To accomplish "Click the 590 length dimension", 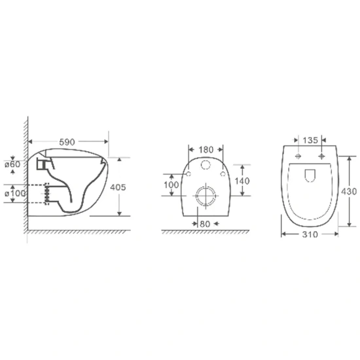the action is coord(67,142).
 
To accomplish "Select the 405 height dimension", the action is coord(118,187).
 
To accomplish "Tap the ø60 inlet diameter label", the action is coord(12,164).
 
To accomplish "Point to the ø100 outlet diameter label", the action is coord(15,193).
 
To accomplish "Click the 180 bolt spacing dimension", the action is coord(206,150).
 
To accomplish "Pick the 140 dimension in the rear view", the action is coord(242,181).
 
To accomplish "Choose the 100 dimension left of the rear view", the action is coord(171,185).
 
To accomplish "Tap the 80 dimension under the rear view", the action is coord(205,224).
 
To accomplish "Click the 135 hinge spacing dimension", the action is coord(310,140).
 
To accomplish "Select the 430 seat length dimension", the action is coord(349,191).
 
